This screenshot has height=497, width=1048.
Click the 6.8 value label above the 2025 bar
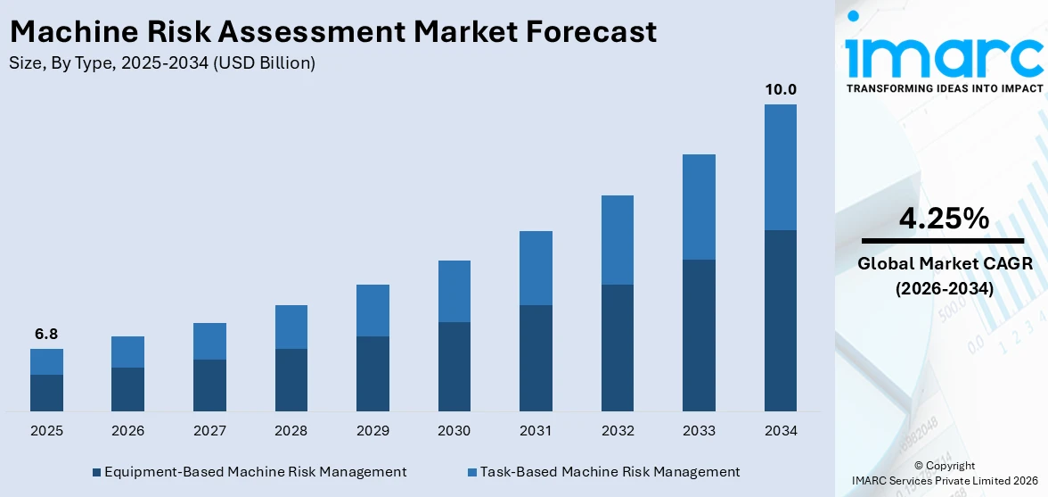click(46, 335)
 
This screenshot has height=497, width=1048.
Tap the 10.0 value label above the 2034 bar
click(780, 89)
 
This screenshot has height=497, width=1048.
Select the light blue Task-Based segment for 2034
click(780, 167)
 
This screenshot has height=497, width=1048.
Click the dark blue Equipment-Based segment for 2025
click(46, 393)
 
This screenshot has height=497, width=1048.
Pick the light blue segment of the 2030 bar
click(454, 291)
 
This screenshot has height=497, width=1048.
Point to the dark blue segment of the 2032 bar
click(617, 347)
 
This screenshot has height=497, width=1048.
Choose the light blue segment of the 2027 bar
click(209, 341)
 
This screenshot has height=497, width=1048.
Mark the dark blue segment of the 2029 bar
click(373, 373)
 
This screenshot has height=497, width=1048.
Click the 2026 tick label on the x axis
click(127, 431)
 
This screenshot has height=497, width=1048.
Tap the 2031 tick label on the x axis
click(536, 431)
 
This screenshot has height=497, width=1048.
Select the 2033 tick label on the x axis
click(699, 431)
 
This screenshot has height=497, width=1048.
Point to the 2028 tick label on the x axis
click(291, 431)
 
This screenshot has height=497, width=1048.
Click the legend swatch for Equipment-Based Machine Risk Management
click(96, 472)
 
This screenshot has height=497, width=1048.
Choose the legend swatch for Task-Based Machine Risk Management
click(472, 472)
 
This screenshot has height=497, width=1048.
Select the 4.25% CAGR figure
click(944, 218)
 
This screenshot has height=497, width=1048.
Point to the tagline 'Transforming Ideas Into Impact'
click(944, 88)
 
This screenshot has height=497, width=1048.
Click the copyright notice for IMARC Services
click(944, 474)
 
